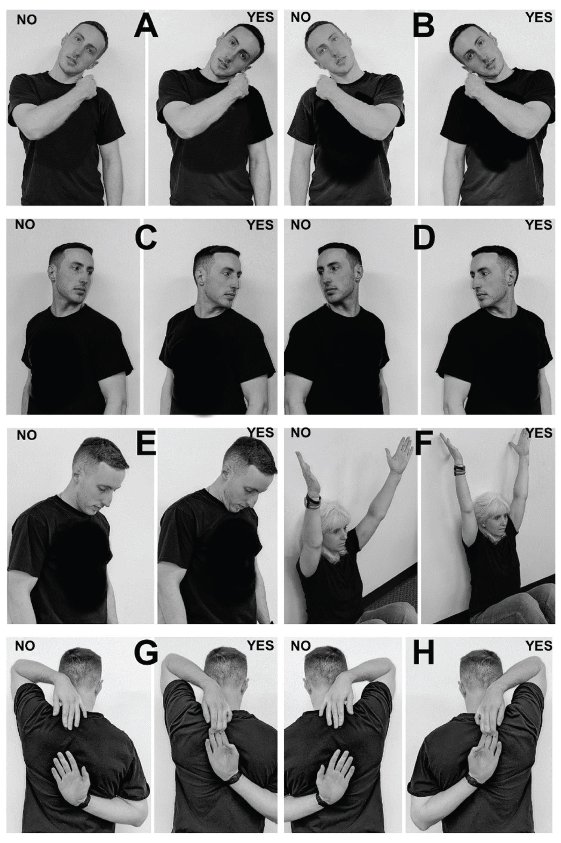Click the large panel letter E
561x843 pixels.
click(x=146, y=444)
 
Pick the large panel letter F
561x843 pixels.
click(x=423, y=444)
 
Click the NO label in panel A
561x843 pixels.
click(x=27, y=20)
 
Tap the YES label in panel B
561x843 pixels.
click(x=539, y=17)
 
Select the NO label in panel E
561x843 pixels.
click(x=27, y=436)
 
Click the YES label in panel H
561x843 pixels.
click(x=539, y=646)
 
